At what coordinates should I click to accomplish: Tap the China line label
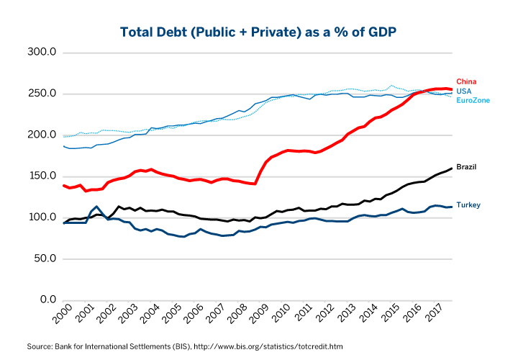466,81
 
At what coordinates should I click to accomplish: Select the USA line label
465,91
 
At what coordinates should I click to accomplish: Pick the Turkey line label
468,205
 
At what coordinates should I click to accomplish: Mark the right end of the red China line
452,89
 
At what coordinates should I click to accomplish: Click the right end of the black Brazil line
452,168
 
